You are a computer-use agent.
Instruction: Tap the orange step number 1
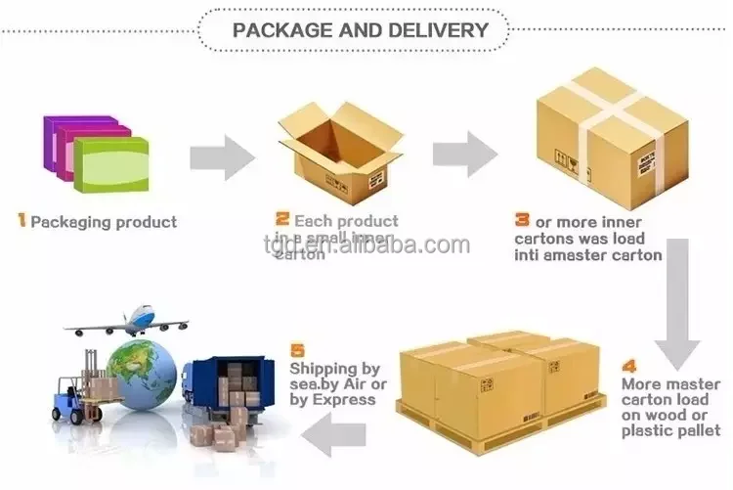[22, 221]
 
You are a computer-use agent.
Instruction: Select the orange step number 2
[282, 220]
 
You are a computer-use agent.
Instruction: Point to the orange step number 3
[522, 221]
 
